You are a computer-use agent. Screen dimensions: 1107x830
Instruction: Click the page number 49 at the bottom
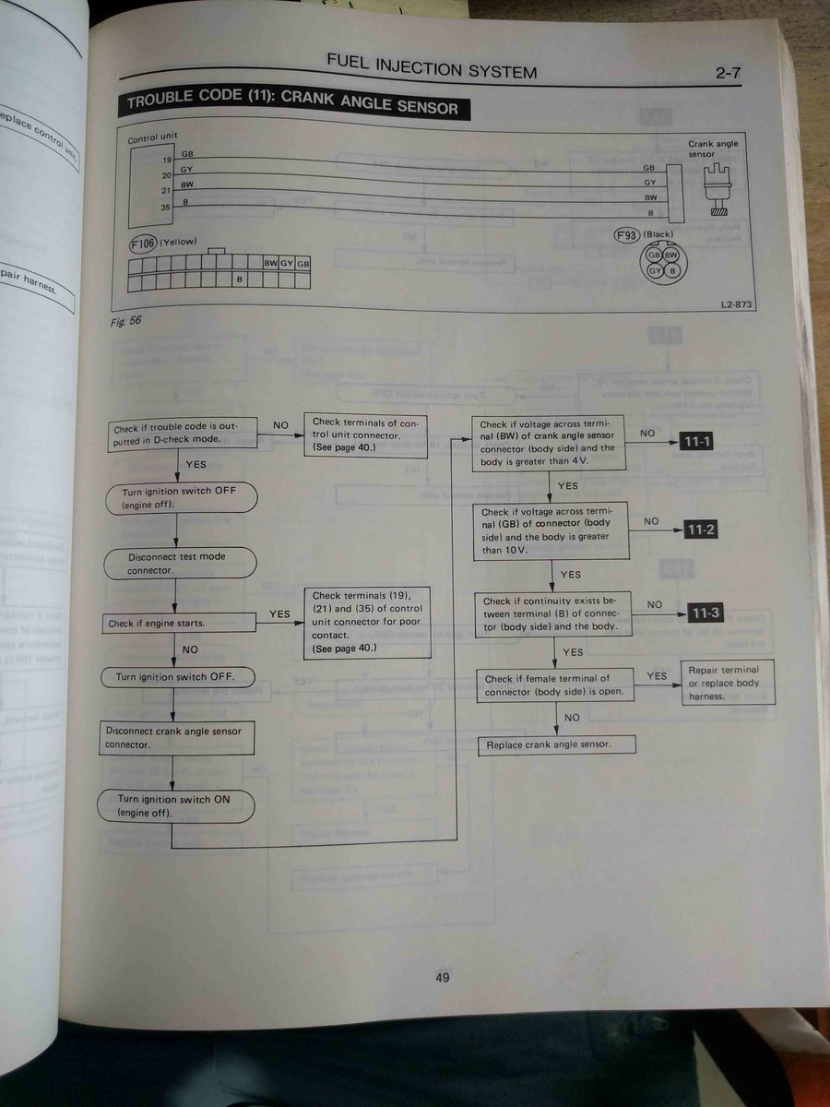click(443, 978)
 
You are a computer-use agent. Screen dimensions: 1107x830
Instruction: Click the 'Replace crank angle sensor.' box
click(556, 744)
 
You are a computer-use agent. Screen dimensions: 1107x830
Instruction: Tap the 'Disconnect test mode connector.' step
click(179, 564)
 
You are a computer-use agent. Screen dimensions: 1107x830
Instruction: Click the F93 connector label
click(627, 234)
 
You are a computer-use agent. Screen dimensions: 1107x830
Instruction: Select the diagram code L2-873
click(737, 304)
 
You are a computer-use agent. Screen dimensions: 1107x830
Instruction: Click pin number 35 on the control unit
click(166, 208)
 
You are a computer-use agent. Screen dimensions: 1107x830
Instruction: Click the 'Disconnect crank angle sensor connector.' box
click(176, 737)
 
